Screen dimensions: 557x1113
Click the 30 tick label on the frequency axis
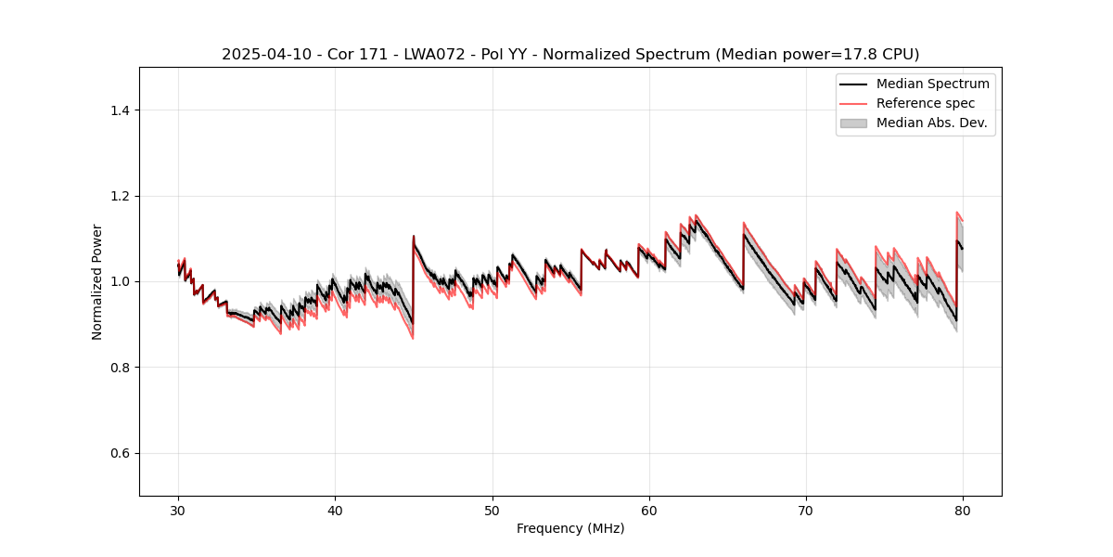(178, 511)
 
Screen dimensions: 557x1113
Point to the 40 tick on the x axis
(336, 496)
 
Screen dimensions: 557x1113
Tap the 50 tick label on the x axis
(493, 511)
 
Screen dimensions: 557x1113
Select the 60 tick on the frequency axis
(649, 496)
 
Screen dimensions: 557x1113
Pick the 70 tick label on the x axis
(806, 511)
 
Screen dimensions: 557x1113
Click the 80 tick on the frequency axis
(963, 496)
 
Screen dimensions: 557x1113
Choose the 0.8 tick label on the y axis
(120, 368)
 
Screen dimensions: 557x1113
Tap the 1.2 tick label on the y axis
(120, 196)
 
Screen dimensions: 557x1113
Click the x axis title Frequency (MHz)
(570, 528)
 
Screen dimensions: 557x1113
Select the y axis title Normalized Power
(97, 281)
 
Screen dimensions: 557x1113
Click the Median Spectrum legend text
(932, 84)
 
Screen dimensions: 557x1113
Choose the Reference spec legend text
(926, 103)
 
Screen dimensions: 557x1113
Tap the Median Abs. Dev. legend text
(931, 123)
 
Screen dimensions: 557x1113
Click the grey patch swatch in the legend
(853, 123)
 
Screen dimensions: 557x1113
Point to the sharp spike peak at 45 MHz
(414, 236)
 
